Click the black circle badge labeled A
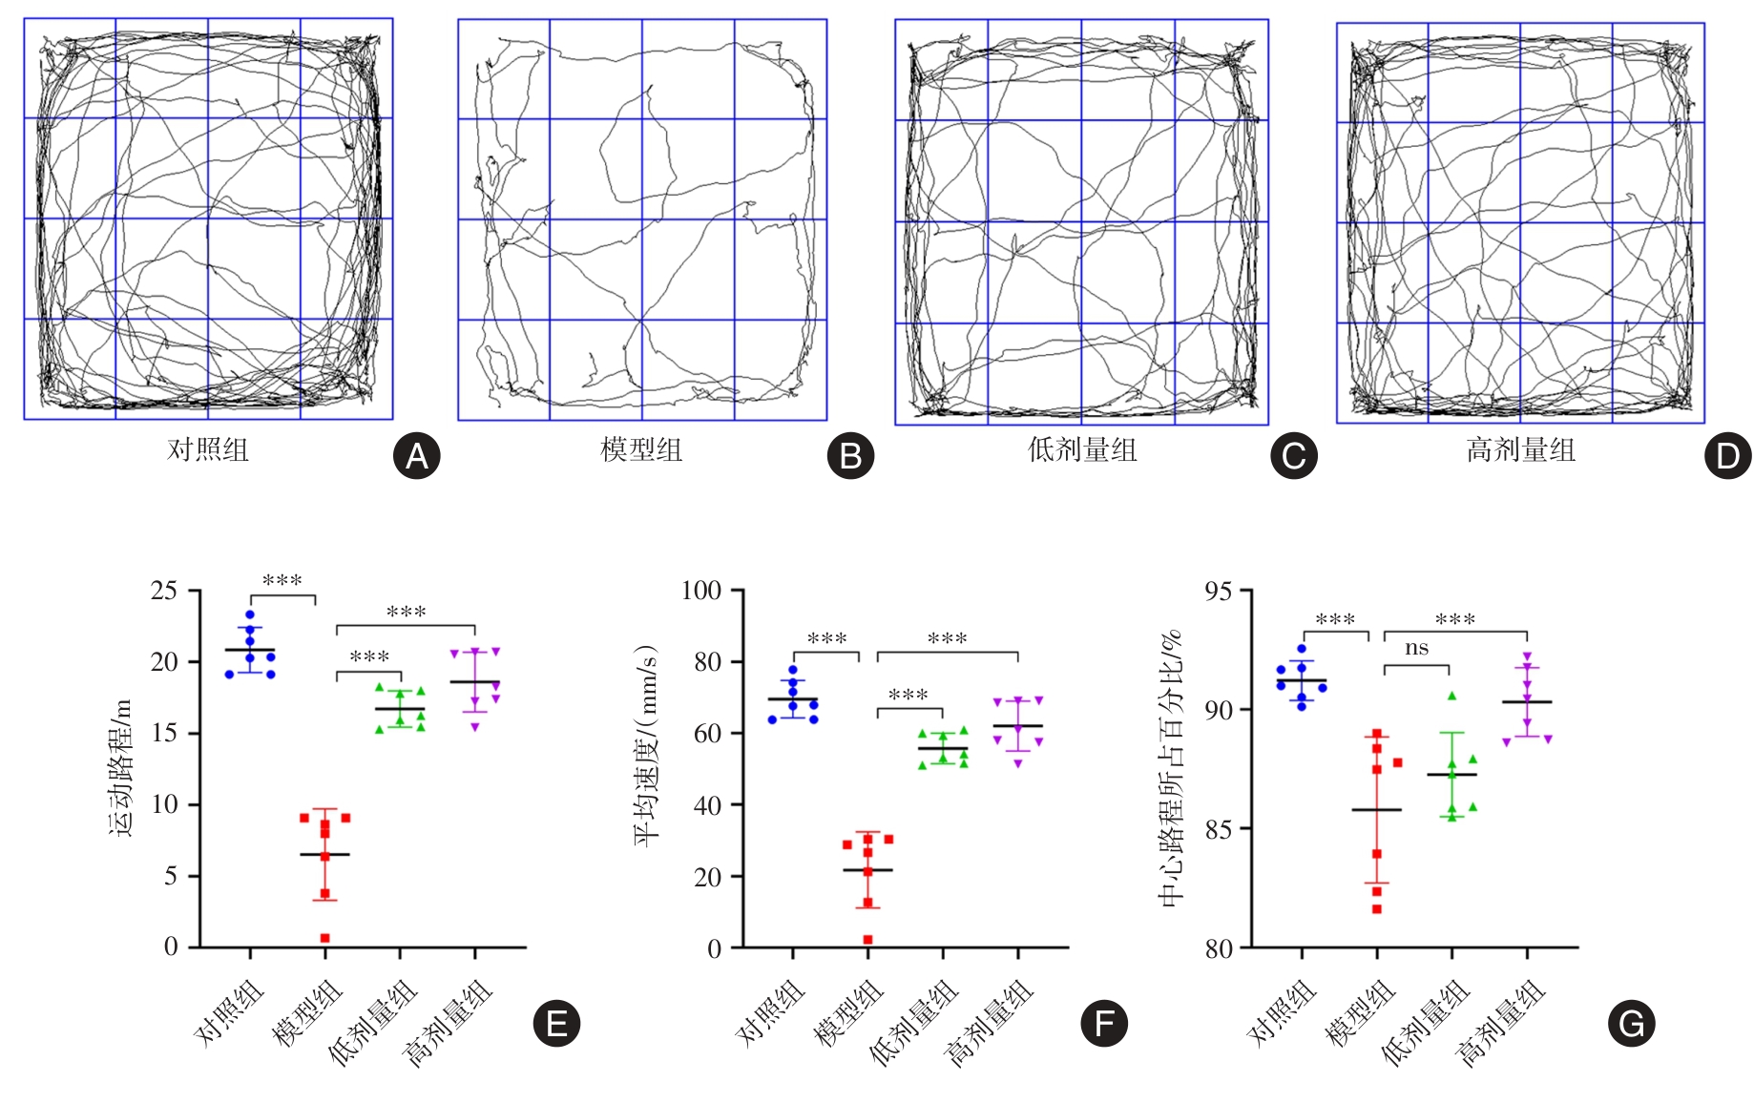point(417,456)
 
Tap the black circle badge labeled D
point(1727,456)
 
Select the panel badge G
point(1631,1024)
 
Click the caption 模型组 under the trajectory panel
point(641,449)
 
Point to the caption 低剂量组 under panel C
point(1082,449)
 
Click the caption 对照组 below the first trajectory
point(208,449)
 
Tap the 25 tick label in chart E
point(164,591)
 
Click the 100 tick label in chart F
point(700,591)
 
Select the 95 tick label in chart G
point(1219,592)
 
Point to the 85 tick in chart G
point(1219,829)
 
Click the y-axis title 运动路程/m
point(121,768)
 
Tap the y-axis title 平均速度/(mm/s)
point(646,746)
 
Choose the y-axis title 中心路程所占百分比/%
point(1171,768)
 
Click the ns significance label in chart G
point(1416,649)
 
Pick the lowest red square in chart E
point(325,938)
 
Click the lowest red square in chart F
point(868,940)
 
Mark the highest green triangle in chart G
point(1451,697)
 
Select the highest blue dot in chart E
point(250,615)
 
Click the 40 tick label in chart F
point(707,805)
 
